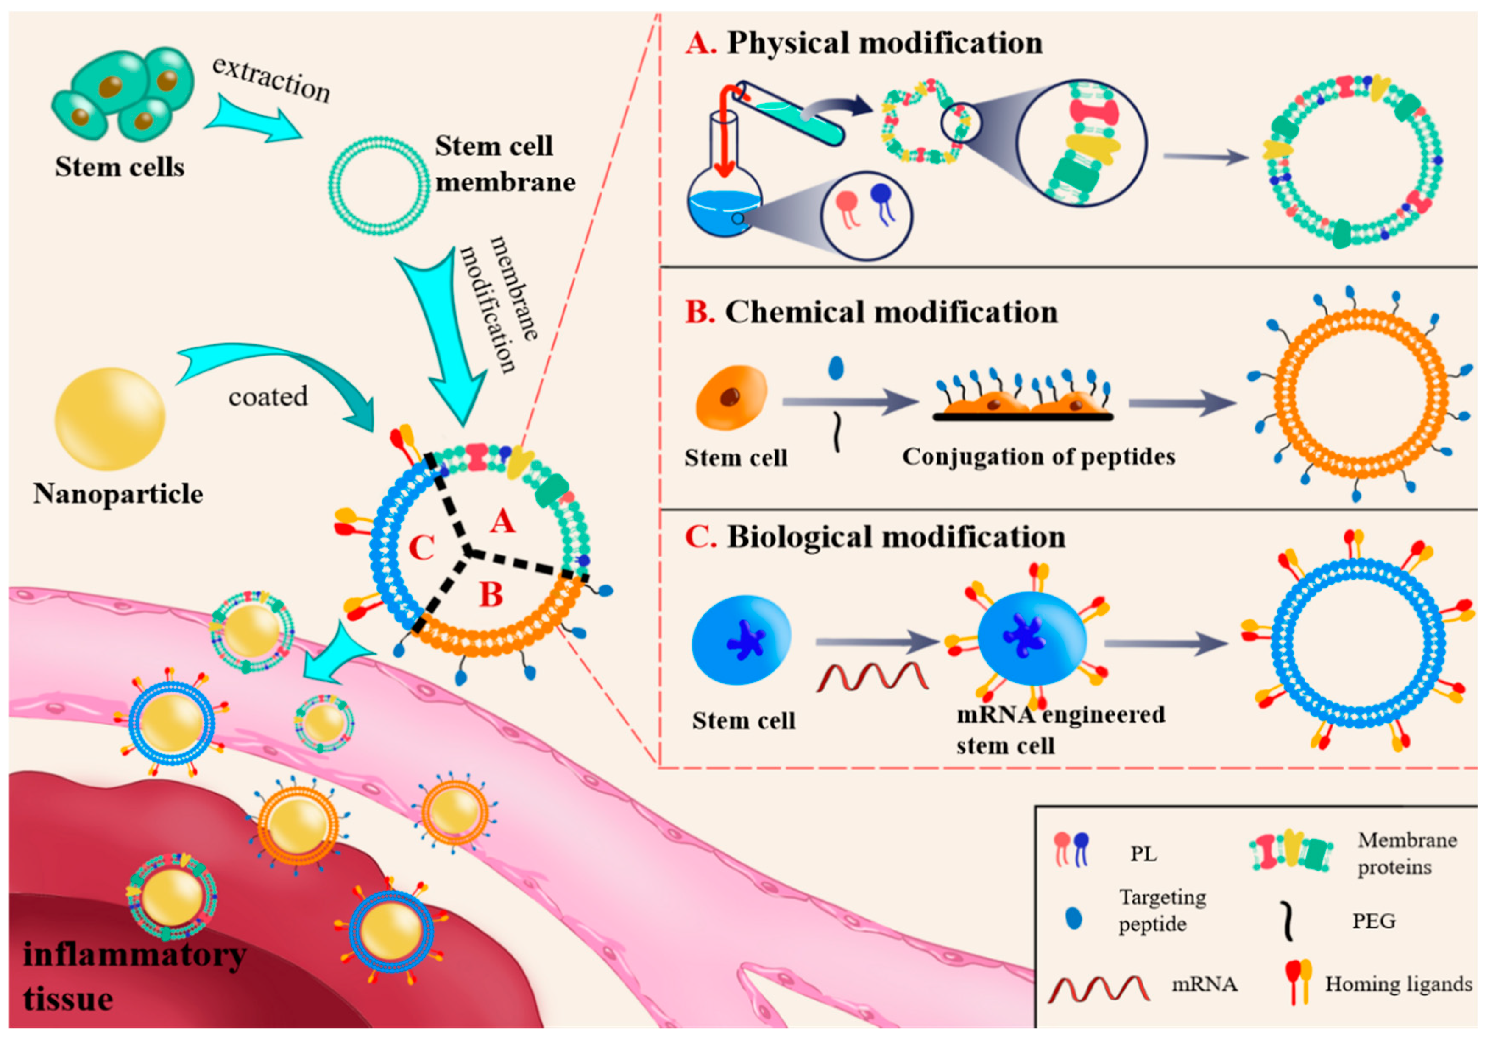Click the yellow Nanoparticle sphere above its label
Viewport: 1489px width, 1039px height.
(110, 419)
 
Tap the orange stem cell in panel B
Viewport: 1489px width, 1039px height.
(731, 397)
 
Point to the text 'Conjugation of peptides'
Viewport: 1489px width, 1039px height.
(1038, 457)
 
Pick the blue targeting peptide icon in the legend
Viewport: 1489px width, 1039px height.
(1074, 918)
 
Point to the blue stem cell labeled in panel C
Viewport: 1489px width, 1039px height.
(741, 640)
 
